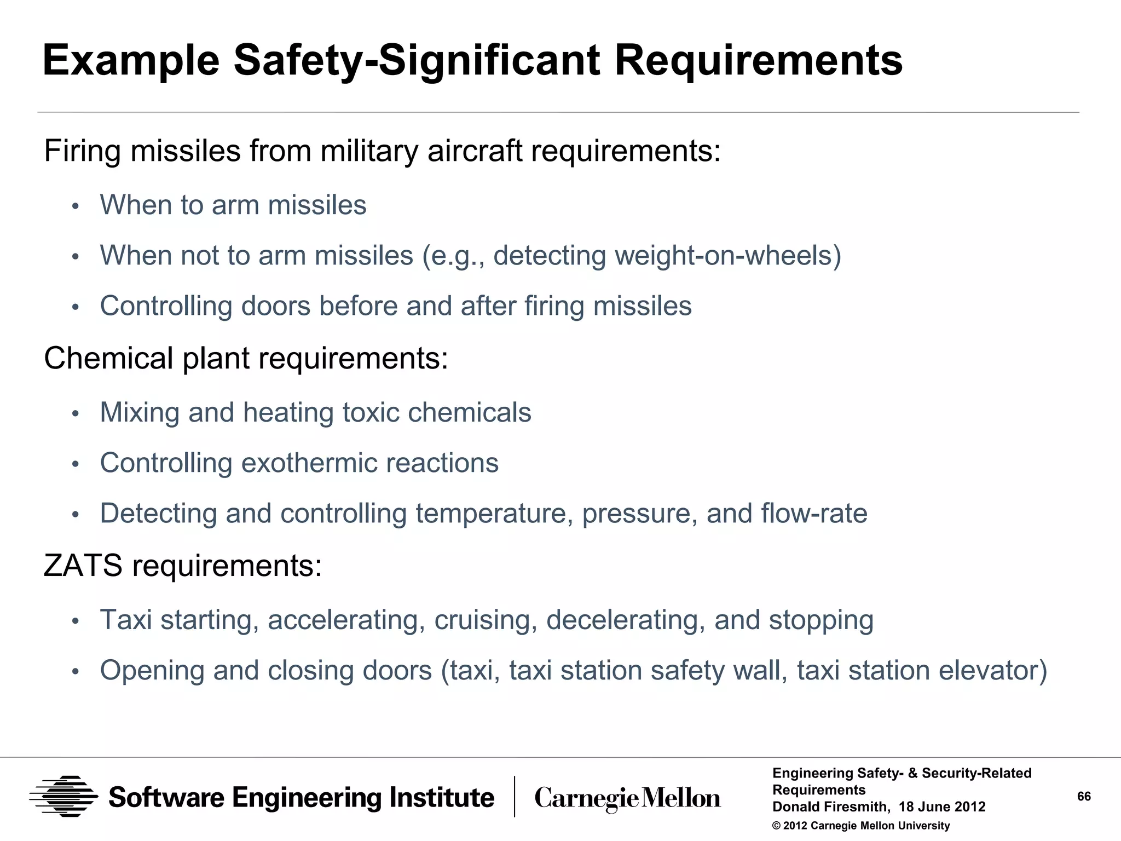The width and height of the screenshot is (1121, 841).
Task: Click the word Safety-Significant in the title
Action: pos(416,60)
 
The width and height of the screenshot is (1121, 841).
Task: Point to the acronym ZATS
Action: pos(83,566)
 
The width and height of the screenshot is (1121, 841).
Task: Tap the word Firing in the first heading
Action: pos(82,151)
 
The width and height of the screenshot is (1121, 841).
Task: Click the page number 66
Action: pos(1084,796)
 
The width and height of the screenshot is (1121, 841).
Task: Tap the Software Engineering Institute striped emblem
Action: pos(63,797)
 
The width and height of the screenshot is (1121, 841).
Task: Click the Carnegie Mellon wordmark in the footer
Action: pos(627,798)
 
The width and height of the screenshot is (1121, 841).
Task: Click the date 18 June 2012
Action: pos(942,807)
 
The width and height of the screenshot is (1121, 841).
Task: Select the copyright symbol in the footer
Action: pos(776,826)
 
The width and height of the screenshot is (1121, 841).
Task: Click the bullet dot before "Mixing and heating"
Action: pos(76,414)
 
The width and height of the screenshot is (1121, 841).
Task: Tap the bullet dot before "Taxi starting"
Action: pos(76,621)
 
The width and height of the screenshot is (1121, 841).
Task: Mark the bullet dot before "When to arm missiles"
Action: pos(76,206)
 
